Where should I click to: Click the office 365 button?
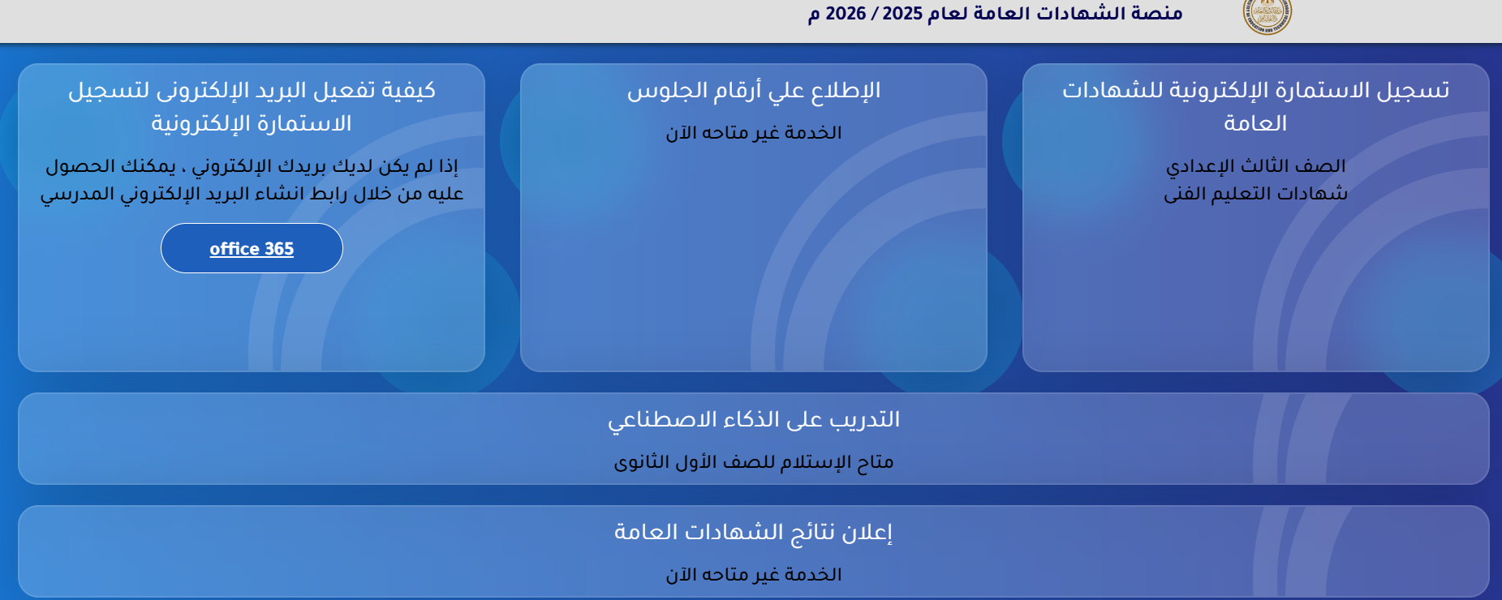coord(252,248)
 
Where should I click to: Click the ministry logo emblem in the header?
coord(1267,15)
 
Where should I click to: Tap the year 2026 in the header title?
coord(846,14)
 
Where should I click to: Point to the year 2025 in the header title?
coord(902,14)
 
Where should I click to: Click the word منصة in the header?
coord(1156,14)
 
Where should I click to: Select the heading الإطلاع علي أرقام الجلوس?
coord(753,91)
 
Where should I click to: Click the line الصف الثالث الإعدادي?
coord(1255,166)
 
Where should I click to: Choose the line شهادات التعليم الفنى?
coord(1255,194)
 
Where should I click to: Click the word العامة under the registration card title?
coord(1255,124)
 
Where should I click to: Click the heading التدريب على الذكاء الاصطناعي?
coord(753,420)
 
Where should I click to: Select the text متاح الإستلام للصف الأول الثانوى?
coord(753,462)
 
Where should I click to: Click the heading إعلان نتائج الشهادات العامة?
coord(753,533)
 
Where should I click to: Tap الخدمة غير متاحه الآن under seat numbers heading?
coord(753,133)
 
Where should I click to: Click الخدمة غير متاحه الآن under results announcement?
coord(753,575)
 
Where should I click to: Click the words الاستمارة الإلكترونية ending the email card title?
coord(252,124)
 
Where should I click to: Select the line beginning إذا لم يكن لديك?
coord(252,166)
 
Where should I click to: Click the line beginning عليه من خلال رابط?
coord(252,194)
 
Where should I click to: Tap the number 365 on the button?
coord(279,249)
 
